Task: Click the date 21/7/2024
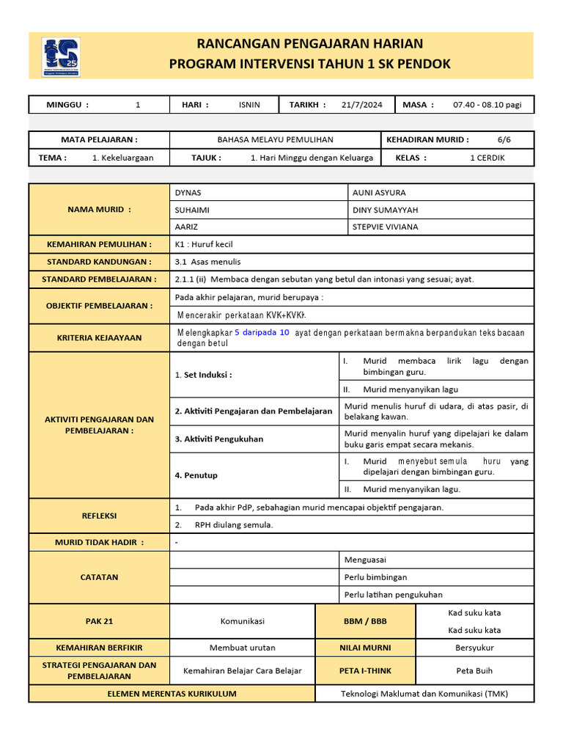coord(361,105)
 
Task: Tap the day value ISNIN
coord(249,105)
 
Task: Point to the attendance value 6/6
coord(504,139)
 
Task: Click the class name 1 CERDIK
coord(487,158)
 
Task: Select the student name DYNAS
coord(188,192)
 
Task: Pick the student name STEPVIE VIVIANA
coord(385,227)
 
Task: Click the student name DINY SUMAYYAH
coord(385,210)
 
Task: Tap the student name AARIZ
coord(186,227)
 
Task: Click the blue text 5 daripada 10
coord(262,332)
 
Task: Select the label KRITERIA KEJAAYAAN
coord(99,338)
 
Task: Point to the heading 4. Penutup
coord(196,475)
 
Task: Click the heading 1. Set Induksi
coord(203,375)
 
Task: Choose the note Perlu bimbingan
coord(375,577)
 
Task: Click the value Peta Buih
coord(474,670)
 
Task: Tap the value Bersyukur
coord(474,648)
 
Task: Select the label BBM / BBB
coord(365,621)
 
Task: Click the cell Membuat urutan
coord(242,648)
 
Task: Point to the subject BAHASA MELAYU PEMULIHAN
coord(275,139)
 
